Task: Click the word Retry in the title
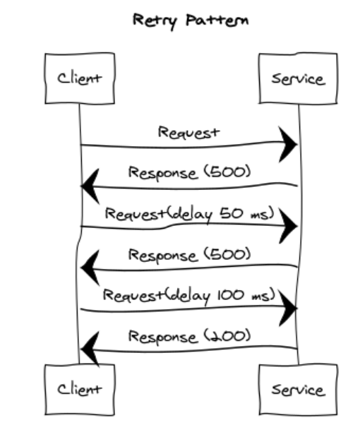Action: pyautogui.click(x=152, y=20)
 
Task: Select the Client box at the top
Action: pyautogui.click(x=79, y=78)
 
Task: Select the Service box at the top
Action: pyautogui.click(x=298, y=78)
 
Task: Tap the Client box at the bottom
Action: pyautogui.click(x=79, y=389)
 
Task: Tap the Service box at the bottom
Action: pyautogui.click(x=298, y=389)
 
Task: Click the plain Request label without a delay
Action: pyautogui.click(x=188, y=132)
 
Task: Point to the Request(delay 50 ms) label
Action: pyautogui.click(x=188, y=214)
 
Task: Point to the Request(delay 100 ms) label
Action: pyautogui.click(x=188, y=295)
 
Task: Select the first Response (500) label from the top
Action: pyautogui.click(x=188, y=173)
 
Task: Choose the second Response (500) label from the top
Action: pyautogui.click(x=188, y=254)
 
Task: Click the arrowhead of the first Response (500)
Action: pyautogui.click(x=90, y=186)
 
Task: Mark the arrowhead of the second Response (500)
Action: pyautogui.click(x=90, y=268)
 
